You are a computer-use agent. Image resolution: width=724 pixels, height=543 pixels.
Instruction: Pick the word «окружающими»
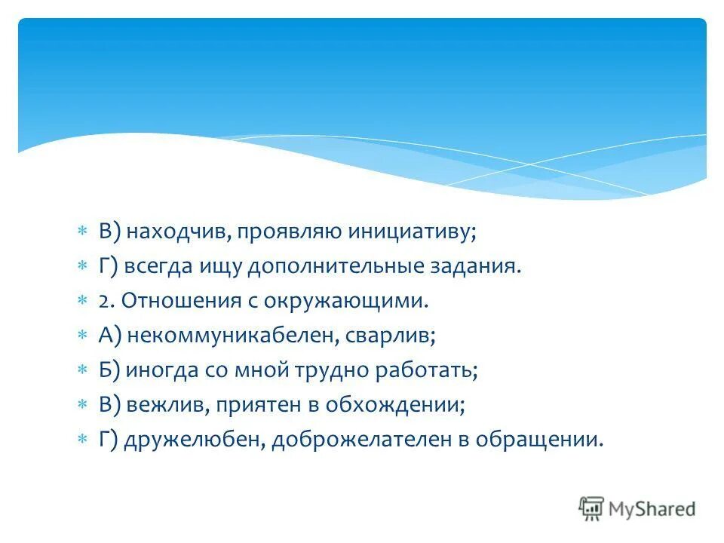point(346,302)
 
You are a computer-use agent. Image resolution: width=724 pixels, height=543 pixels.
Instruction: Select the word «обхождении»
point(394,406)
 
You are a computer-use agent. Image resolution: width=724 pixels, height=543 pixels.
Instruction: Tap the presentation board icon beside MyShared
point(591,509)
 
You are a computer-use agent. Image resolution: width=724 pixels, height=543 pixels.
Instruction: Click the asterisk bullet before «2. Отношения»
point(83,302)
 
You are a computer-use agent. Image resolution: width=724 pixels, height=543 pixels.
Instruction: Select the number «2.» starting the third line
point(106,302)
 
